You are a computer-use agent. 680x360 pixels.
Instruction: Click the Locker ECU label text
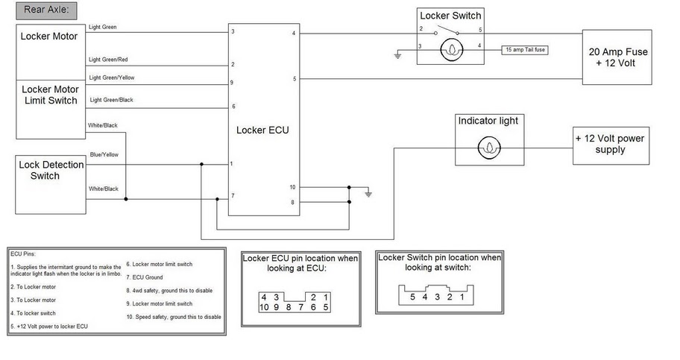[262, 130]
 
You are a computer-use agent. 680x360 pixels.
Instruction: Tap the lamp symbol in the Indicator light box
[489, 148]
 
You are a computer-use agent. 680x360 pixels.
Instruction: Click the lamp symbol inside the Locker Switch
[451, 51]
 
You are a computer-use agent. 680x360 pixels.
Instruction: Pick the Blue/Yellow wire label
[104, 155]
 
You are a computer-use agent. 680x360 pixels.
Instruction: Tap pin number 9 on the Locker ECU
[233, 83]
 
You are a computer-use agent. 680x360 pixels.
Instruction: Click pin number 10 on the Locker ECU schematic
[292, 186]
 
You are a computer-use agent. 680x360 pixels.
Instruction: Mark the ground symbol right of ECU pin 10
[368, 194]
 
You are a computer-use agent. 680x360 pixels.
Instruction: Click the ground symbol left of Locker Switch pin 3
[398, 54]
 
